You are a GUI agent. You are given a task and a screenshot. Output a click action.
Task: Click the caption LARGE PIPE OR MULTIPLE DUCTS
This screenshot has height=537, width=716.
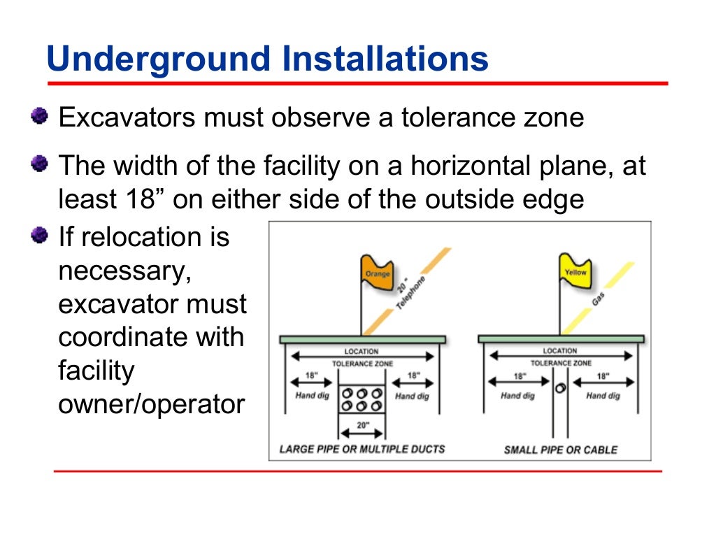[362, 449]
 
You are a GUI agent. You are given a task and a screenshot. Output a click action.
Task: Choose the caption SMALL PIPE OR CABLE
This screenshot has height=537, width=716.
[561, 450]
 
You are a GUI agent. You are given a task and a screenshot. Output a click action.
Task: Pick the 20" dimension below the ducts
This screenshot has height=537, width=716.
[361, 424]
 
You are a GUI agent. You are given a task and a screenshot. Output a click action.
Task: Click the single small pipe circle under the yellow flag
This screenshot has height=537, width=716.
[559, 388]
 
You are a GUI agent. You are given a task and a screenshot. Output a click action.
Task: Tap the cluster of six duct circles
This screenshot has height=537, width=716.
[361, 399]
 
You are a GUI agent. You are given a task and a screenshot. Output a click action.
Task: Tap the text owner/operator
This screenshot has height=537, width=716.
[152, 405]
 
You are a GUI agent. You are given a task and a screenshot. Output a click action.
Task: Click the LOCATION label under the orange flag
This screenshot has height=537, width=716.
[361, 351]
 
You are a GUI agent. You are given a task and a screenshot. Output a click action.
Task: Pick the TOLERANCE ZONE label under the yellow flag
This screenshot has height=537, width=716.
[560, 363]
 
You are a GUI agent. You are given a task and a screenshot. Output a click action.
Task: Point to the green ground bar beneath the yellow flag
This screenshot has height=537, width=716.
[561, 339]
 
